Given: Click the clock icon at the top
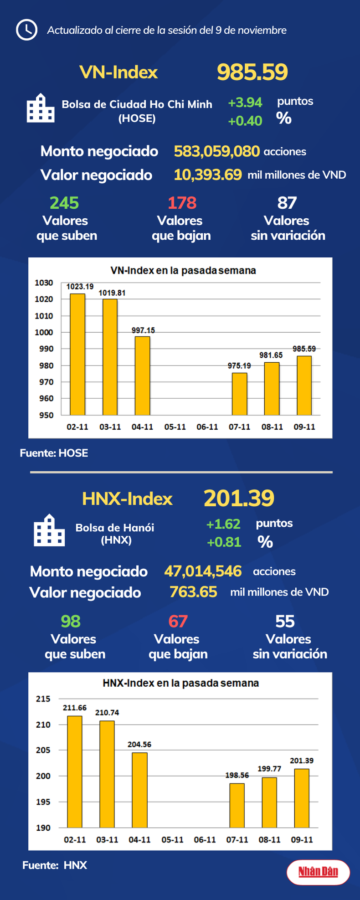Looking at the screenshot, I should click(26, 30).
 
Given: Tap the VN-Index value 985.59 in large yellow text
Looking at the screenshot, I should click(252, 72).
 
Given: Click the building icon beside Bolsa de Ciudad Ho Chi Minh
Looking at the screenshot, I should click(41, 108).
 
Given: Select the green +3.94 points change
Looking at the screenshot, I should click(245, 103).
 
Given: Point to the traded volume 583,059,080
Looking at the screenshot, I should click(217, 151).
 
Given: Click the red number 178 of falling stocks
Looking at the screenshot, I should click(182, 203).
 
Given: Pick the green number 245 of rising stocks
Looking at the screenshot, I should click(64, 203).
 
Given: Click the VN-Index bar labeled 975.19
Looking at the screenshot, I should click(240, 394).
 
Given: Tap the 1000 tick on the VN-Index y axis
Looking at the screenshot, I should click(44, 332).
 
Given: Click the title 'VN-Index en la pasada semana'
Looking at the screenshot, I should click(183, 271).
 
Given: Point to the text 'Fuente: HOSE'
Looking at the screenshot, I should click(54, 453).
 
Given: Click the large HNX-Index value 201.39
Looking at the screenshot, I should click(239, 498).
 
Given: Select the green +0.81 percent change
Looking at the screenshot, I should click(224, 542).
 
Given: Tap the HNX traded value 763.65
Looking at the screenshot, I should click(193, 592).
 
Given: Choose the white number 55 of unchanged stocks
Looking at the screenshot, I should click(285, 622).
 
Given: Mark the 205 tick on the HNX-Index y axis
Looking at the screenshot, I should click(43, 750).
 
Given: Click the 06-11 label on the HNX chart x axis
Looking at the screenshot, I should click(205, 839).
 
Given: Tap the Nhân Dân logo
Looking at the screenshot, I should click(318, 872).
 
